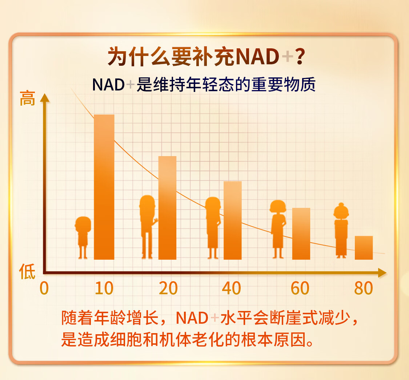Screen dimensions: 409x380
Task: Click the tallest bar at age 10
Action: pyautogui.click(x=104, y=187)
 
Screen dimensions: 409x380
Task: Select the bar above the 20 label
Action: pyautogui.click(x=168, y=208)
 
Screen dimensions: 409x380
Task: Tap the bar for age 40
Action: pyautogui.click(x=233, y=220)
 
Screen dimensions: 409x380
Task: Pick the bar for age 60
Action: pyautogui.click(x=301, y=234)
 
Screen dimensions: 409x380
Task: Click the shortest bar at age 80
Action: pyautogui.click(x=364, y=248)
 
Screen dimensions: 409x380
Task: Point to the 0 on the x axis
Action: pyautogui.click(x=44, y=288)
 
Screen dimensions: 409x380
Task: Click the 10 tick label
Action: pyautogui.click(x=104, y=288)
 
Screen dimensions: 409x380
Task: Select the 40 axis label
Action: pyautogui.click(x=231, y=288)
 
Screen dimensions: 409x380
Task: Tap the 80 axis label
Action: pyautogui.click(x=363, y=288)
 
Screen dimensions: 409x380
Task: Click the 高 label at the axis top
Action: pyautogui.click(x=27, y=98)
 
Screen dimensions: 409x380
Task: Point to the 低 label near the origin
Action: pyautogui.click(x=27, y=271)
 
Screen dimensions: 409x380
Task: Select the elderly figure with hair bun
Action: pyautogui.click(x=341, y=230)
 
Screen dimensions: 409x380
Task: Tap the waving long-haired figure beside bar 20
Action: pyautogui.click(x=148, y=227)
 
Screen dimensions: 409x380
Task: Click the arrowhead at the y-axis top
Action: pyautogui.click(x=45, y=97)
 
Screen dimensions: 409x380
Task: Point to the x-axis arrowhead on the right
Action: pyautogui.click(x=382, y=272)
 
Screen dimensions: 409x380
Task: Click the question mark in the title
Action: pyautogui.click(x=300, y=56)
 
